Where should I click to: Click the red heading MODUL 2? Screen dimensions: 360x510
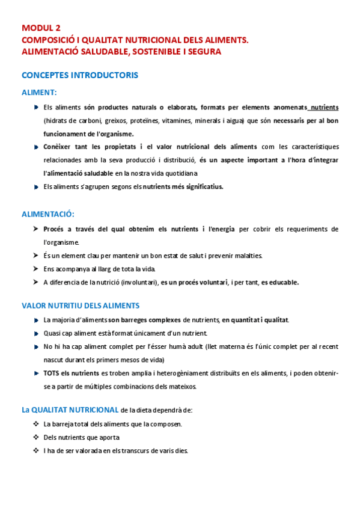(41, 28)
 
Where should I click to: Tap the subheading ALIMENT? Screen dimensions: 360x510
(39, 93)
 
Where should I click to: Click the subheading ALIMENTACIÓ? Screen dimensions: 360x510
(48, 214)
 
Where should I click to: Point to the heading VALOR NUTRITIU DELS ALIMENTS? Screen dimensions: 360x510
(81, 306)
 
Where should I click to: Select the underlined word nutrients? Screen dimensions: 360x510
(324, 107)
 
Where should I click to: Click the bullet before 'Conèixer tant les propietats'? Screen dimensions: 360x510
(37, 146)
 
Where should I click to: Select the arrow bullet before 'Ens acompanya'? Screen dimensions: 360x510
(36, 269)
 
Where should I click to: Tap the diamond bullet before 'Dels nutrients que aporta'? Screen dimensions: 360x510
(36, 437)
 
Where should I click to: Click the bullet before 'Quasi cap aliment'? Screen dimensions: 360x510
(37, 333)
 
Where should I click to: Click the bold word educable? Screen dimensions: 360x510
(280, 282)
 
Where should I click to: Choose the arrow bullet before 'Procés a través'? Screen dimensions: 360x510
(36, 229)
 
